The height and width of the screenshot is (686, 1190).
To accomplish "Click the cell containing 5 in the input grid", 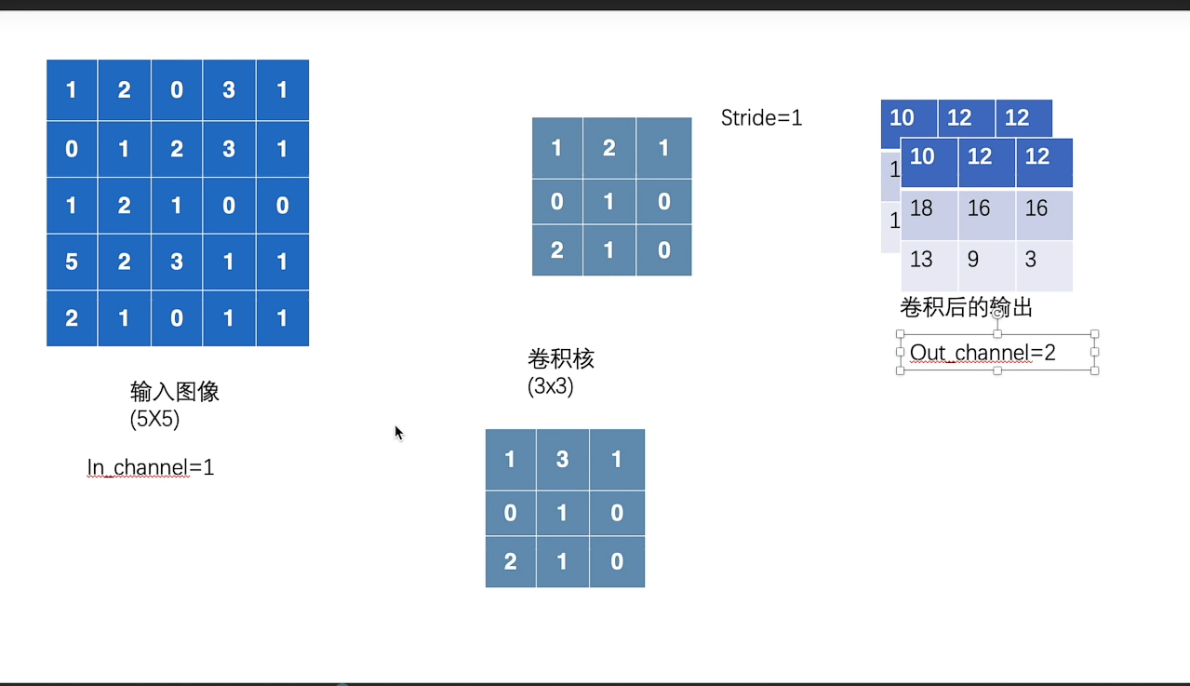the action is [x=72, y=262].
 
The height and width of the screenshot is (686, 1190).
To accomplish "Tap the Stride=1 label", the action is [x=761, y=118].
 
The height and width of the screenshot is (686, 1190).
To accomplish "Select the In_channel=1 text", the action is [x=151, y=467].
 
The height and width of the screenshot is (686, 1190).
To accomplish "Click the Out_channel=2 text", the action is [x=983, y=353].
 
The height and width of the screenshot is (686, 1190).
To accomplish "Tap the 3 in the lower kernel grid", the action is [x=562, y=460].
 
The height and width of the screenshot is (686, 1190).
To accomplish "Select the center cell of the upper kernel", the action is [x=609, y=201].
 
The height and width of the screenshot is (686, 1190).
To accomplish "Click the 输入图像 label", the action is [x=175, y=391].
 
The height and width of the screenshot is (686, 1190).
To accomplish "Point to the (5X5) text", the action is [x=154, y=419].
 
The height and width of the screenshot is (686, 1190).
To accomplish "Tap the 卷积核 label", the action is [x=560, y=358].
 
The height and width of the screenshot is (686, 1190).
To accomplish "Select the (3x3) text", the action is [x=551, y=385].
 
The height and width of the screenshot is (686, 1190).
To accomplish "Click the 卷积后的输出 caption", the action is [x=966, y=307].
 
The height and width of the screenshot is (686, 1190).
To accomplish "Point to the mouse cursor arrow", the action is [x=398, y=432].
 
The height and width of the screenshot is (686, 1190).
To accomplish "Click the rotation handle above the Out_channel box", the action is [x=997, y=315].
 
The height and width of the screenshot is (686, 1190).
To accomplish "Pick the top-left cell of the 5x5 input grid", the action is [x=72, y=90].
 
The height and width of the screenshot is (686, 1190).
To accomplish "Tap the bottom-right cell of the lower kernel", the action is [x=617, y=562].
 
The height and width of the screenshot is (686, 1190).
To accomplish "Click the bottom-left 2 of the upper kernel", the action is [x=557, y=249].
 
